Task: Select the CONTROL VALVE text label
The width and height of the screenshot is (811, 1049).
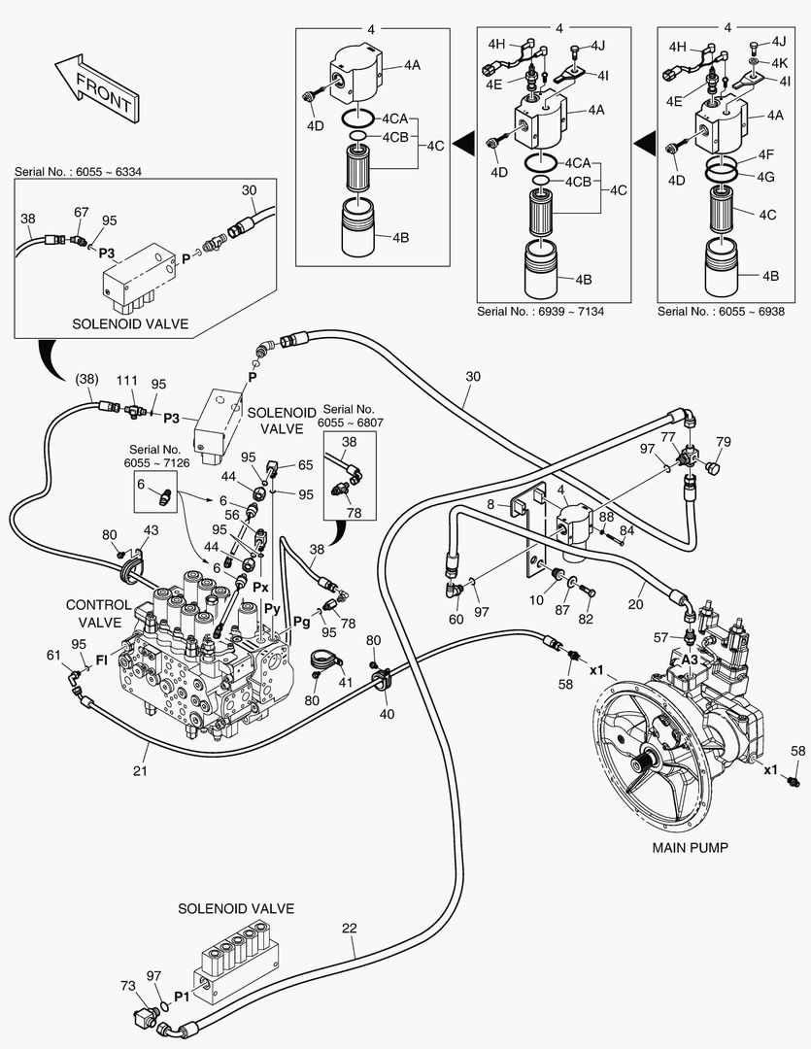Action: [x=98, y=613]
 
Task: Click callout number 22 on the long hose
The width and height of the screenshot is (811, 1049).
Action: [x=350, y=928]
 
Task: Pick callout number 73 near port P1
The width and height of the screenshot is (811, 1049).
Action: [x=127, y=986]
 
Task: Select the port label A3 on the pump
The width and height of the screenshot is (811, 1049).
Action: [x=690, y=658]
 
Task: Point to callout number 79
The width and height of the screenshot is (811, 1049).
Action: [x=723, y=443]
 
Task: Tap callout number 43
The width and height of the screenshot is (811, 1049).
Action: [x=151, y=529]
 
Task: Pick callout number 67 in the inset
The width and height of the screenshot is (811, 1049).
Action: [x=81, y=211]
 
